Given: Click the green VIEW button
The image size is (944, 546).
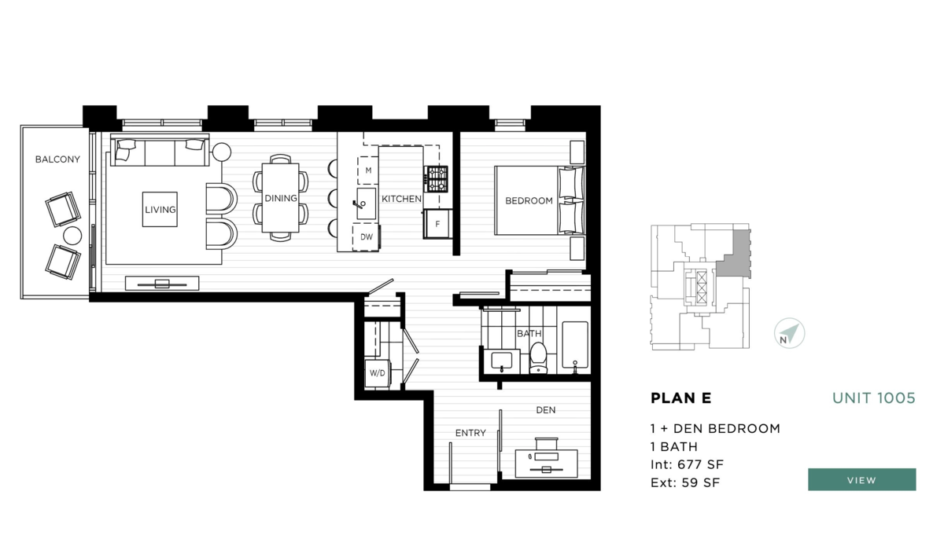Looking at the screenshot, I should [861, 479].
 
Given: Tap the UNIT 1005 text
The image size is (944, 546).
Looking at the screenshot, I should [873, 398].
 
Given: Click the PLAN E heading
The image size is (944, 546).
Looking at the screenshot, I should [680, 398].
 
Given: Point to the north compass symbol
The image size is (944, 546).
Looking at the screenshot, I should [789, 333].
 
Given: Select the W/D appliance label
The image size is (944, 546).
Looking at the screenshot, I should [378, 373].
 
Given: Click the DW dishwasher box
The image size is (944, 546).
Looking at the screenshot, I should [367, 236].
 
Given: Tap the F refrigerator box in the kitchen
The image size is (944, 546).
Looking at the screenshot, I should [437, 224].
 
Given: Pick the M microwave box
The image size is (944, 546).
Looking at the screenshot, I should [367, 170].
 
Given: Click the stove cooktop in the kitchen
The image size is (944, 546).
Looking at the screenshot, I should [437, 178].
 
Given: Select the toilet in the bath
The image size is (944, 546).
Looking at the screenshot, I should [538, 357].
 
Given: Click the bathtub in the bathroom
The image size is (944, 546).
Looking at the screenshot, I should [575, 347].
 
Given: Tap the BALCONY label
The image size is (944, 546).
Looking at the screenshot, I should [57, 159].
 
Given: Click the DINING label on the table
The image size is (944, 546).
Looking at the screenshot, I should [280, 198].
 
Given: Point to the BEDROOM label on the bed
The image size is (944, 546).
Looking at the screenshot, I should [529, 201].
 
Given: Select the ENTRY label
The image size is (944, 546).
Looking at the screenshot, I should [470, 433].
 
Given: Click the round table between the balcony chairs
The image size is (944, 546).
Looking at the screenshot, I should [72, 235].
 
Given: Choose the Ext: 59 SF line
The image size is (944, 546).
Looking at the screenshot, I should [684, 482].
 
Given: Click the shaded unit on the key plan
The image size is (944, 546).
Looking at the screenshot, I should [734, 255].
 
